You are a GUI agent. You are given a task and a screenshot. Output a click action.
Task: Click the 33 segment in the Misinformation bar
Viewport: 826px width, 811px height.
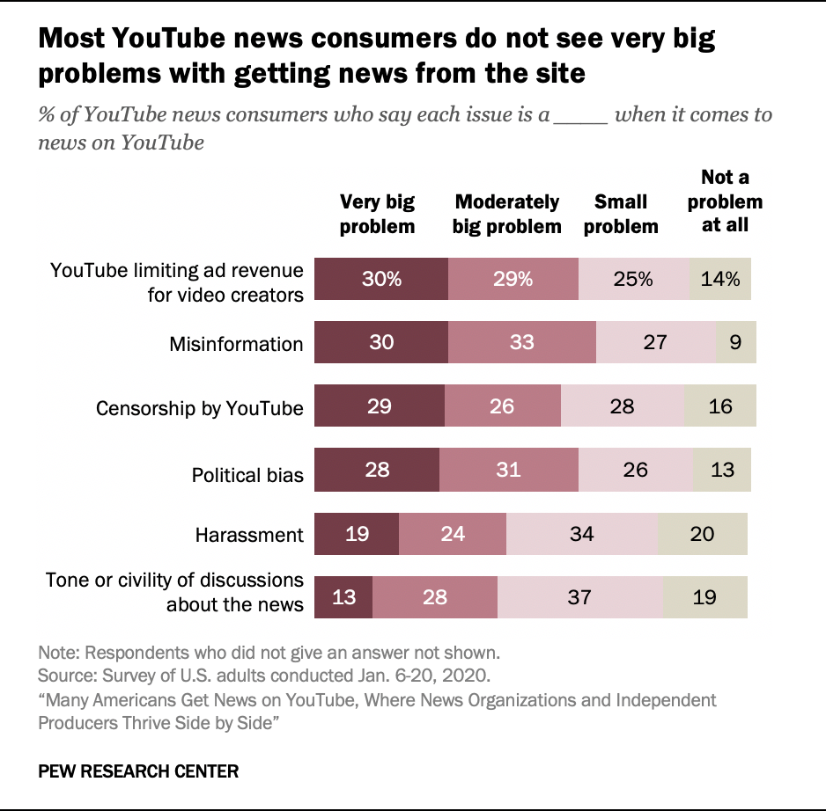(522, 342)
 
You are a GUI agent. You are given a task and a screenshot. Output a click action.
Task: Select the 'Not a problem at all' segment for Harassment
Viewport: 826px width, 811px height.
(702, 534)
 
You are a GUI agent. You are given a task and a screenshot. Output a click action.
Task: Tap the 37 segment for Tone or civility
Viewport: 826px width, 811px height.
(580, 596)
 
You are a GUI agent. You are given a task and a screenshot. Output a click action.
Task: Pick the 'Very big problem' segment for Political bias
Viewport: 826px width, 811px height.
(377, 470)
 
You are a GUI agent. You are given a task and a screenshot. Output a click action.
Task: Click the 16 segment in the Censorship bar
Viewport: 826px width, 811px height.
(720, 405)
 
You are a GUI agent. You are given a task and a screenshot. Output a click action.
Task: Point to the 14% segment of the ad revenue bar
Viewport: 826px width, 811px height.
(720, 279)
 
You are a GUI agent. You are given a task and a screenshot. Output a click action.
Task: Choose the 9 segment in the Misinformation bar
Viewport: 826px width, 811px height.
(736, 342)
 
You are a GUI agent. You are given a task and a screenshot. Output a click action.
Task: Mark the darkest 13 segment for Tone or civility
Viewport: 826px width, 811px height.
(343, 596)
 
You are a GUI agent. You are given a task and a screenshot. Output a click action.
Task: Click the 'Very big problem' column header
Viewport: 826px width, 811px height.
(377, 215)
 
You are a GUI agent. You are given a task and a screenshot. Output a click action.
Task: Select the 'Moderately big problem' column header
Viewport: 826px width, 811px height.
(506, 215)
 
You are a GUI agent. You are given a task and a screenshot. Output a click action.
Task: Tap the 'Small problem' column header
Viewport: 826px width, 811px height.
(621, 215)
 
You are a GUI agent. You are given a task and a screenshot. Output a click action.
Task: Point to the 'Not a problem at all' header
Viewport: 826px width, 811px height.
(725, 201)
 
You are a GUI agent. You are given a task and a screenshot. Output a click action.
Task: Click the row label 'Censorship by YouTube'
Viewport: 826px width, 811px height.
(200, 408)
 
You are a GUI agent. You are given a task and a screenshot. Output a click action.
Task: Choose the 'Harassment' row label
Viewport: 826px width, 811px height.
(249, 535)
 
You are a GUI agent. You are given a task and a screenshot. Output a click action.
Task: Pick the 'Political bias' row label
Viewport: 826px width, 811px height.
(247, 475)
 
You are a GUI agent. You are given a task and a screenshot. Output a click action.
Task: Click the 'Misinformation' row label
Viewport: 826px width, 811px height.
(236, 344)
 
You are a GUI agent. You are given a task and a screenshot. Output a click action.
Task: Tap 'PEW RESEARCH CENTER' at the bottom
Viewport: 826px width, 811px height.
(138, 771)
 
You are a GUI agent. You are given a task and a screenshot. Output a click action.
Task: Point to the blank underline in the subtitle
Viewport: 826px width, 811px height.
(580, 123)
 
